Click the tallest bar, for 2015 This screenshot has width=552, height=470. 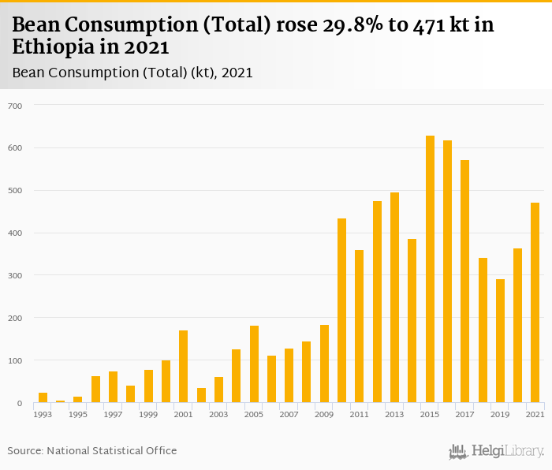click(430, 269)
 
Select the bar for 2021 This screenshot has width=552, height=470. click(535, 303)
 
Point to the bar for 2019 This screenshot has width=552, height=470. click(500, 341)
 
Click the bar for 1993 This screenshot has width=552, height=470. click(43, 397)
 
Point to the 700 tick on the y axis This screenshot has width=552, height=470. click(16, 106)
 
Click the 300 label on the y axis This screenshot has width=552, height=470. click(16, 275)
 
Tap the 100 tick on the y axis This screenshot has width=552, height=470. click(16, 360)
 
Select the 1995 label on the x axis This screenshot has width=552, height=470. click(78, 414)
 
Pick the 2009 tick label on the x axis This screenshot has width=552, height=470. click(324, 414)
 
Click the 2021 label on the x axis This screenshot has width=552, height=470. click(535, 414)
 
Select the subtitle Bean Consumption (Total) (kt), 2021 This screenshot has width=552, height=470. click(132, 73)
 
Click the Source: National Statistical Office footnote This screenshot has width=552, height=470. click(92, 450)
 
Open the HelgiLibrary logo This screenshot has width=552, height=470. click(496, 451)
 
